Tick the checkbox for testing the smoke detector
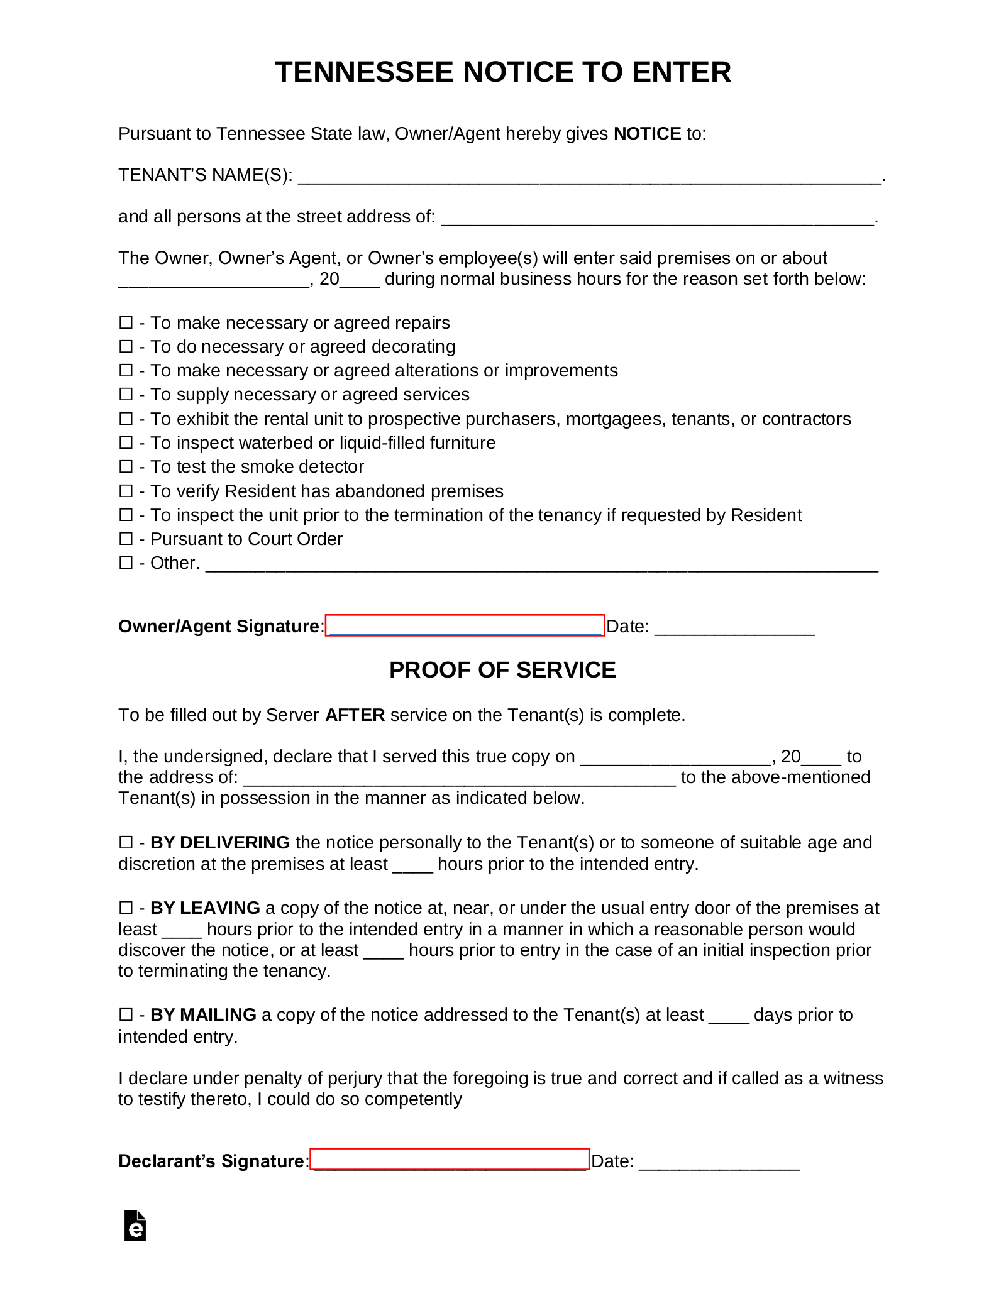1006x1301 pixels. pyautogui.click(x=126, y=466)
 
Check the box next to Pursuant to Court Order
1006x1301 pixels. pyautogui.click(x=126, y=539)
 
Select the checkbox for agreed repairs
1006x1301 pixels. pyautogui.click(x=126, y=322)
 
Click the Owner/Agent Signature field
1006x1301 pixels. pyautogui.click(x=465, y=625)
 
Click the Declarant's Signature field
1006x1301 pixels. pyautogui.click(x=450, y=1160)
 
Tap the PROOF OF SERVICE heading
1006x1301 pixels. pyautogui.click(x=502, y=670)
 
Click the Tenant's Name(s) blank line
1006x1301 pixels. pyautogui.click(x=589, y=176)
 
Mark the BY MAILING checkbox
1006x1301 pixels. pyautogui.click(x=126, y=1014)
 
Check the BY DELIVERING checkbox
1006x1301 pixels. pyautogui.click(x=126, y=842)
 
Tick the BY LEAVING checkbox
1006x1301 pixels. pyautogui.click(x=126, y=908)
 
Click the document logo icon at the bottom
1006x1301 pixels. pyautogui.click(x=135, y=1226)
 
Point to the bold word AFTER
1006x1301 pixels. pyautogui.click(x=355, y=715)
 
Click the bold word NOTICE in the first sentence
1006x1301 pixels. pyautogui.click(x=647, y=134)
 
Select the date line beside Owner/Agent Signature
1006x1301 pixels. pyautogui.click(x=734, y=627)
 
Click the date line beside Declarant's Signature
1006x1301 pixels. pyautogui.click(x=719, y=1161)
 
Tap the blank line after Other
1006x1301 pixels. pyautogui.click(x=541, y=564)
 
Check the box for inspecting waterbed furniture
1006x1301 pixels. pyautogui.click(x=126, y=442)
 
